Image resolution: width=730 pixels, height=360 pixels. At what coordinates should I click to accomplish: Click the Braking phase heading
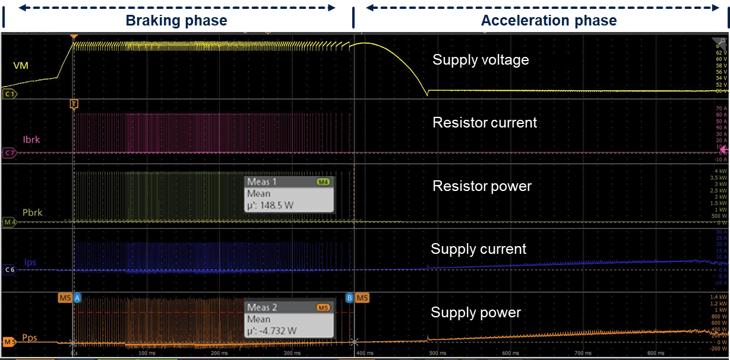click(x=176, y=21)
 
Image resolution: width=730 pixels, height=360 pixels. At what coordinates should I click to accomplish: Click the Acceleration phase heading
click(x=548, y=21)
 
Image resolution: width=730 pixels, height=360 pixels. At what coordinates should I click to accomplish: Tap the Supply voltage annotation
click(x=480, y=60)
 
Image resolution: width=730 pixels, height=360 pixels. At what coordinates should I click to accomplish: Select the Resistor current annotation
click(x=485, y=123)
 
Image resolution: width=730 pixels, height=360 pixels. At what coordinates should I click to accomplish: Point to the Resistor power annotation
click(x=482, y=186)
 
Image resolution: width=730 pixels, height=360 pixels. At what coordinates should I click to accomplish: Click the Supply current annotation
click(x=478, y=249)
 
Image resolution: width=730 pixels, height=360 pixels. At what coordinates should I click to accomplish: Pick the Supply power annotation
click(x=476, y=313)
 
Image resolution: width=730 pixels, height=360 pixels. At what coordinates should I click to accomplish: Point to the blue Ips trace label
click(x=30, y=262)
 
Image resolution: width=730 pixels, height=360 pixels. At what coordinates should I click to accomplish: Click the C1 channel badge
click(x=10, y=94)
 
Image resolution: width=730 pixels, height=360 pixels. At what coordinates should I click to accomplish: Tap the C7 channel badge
click(x=10, y=153)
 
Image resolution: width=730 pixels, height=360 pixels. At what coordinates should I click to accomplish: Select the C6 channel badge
click(x=10, y=270)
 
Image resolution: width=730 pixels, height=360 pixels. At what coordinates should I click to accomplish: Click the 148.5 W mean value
click(x=270, y=205)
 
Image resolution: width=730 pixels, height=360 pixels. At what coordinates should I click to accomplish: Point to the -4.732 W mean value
click(x=271, y=332)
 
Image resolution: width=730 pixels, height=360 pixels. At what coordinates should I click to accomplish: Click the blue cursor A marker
click(x=77, y=297)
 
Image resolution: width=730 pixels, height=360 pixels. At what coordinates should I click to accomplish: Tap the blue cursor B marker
click(x=349, y=297)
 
